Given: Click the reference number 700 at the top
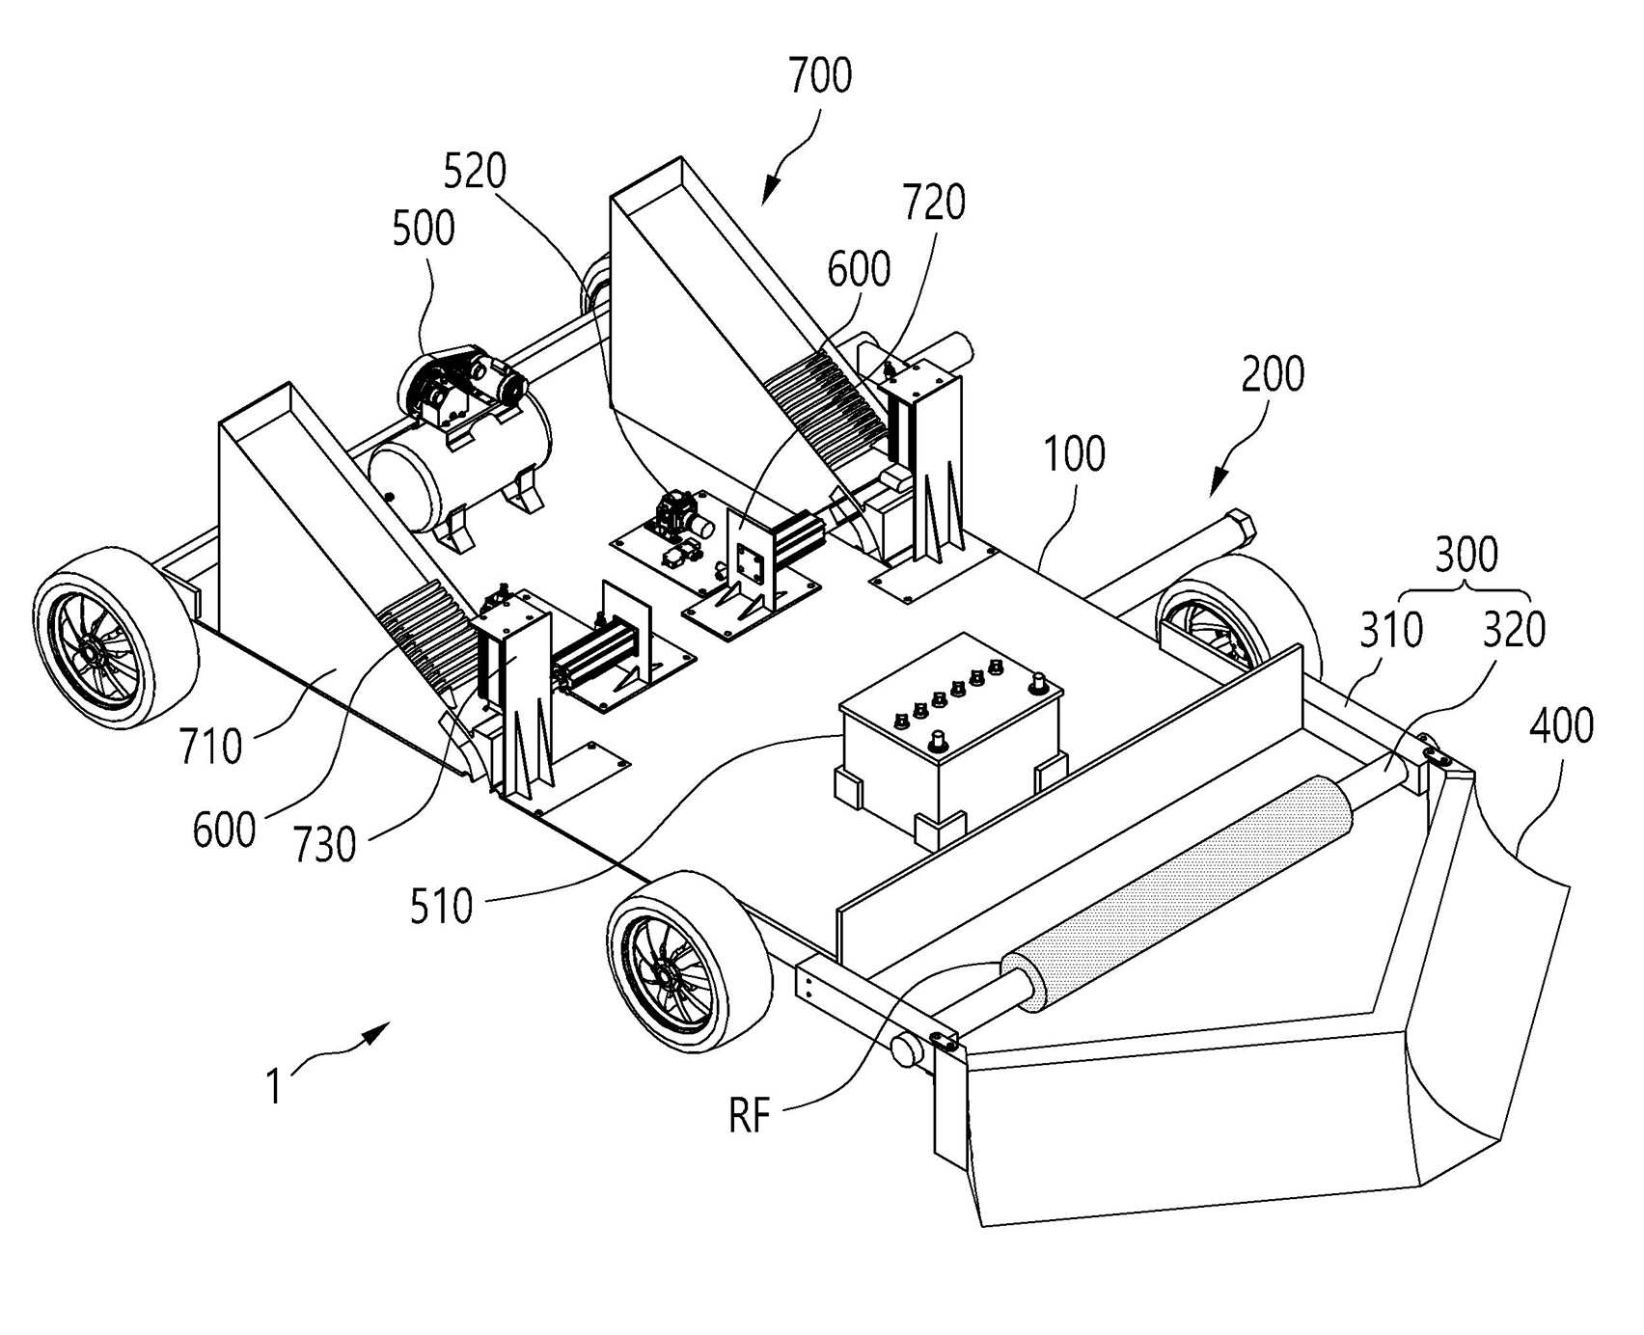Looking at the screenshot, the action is pyautogui.click(x=820, y=76).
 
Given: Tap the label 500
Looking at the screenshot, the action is pyautogui.click(x=424, y=229).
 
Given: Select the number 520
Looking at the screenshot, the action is pyautogui.click(x=475, y=171).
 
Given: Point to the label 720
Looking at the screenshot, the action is pyautogui.click(x=934, y=203).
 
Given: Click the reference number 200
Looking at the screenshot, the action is pyautogui.click(x=1273, y=373).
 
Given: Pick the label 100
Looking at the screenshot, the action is pyautogui.click(x=1074, y=453).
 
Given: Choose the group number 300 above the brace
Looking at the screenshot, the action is pyautogui.click(x=1466, y=555).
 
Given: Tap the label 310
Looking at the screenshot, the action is pyautogui.click(x=1391, y=631).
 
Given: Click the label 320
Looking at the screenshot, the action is pyautogui.click(x=1514, y=631).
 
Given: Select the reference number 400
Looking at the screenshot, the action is pyautogui.click(x=1561, y=725).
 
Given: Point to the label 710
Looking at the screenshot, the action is pyautogui.click(x=210, y=746).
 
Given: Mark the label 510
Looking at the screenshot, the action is pyautogui.click(x=441, y=907).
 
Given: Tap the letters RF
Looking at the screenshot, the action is pyautogui.click(x=750, y=1117).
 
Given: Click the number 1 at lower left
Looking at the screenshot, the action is pyautogui.click(x=274, y=1087).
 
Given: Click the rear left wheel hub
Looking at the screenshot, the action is pyautogui.click(x=94, y=653).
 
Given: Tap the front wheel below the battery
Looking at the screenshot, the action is pyautogui.click(x=690, y=962).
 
